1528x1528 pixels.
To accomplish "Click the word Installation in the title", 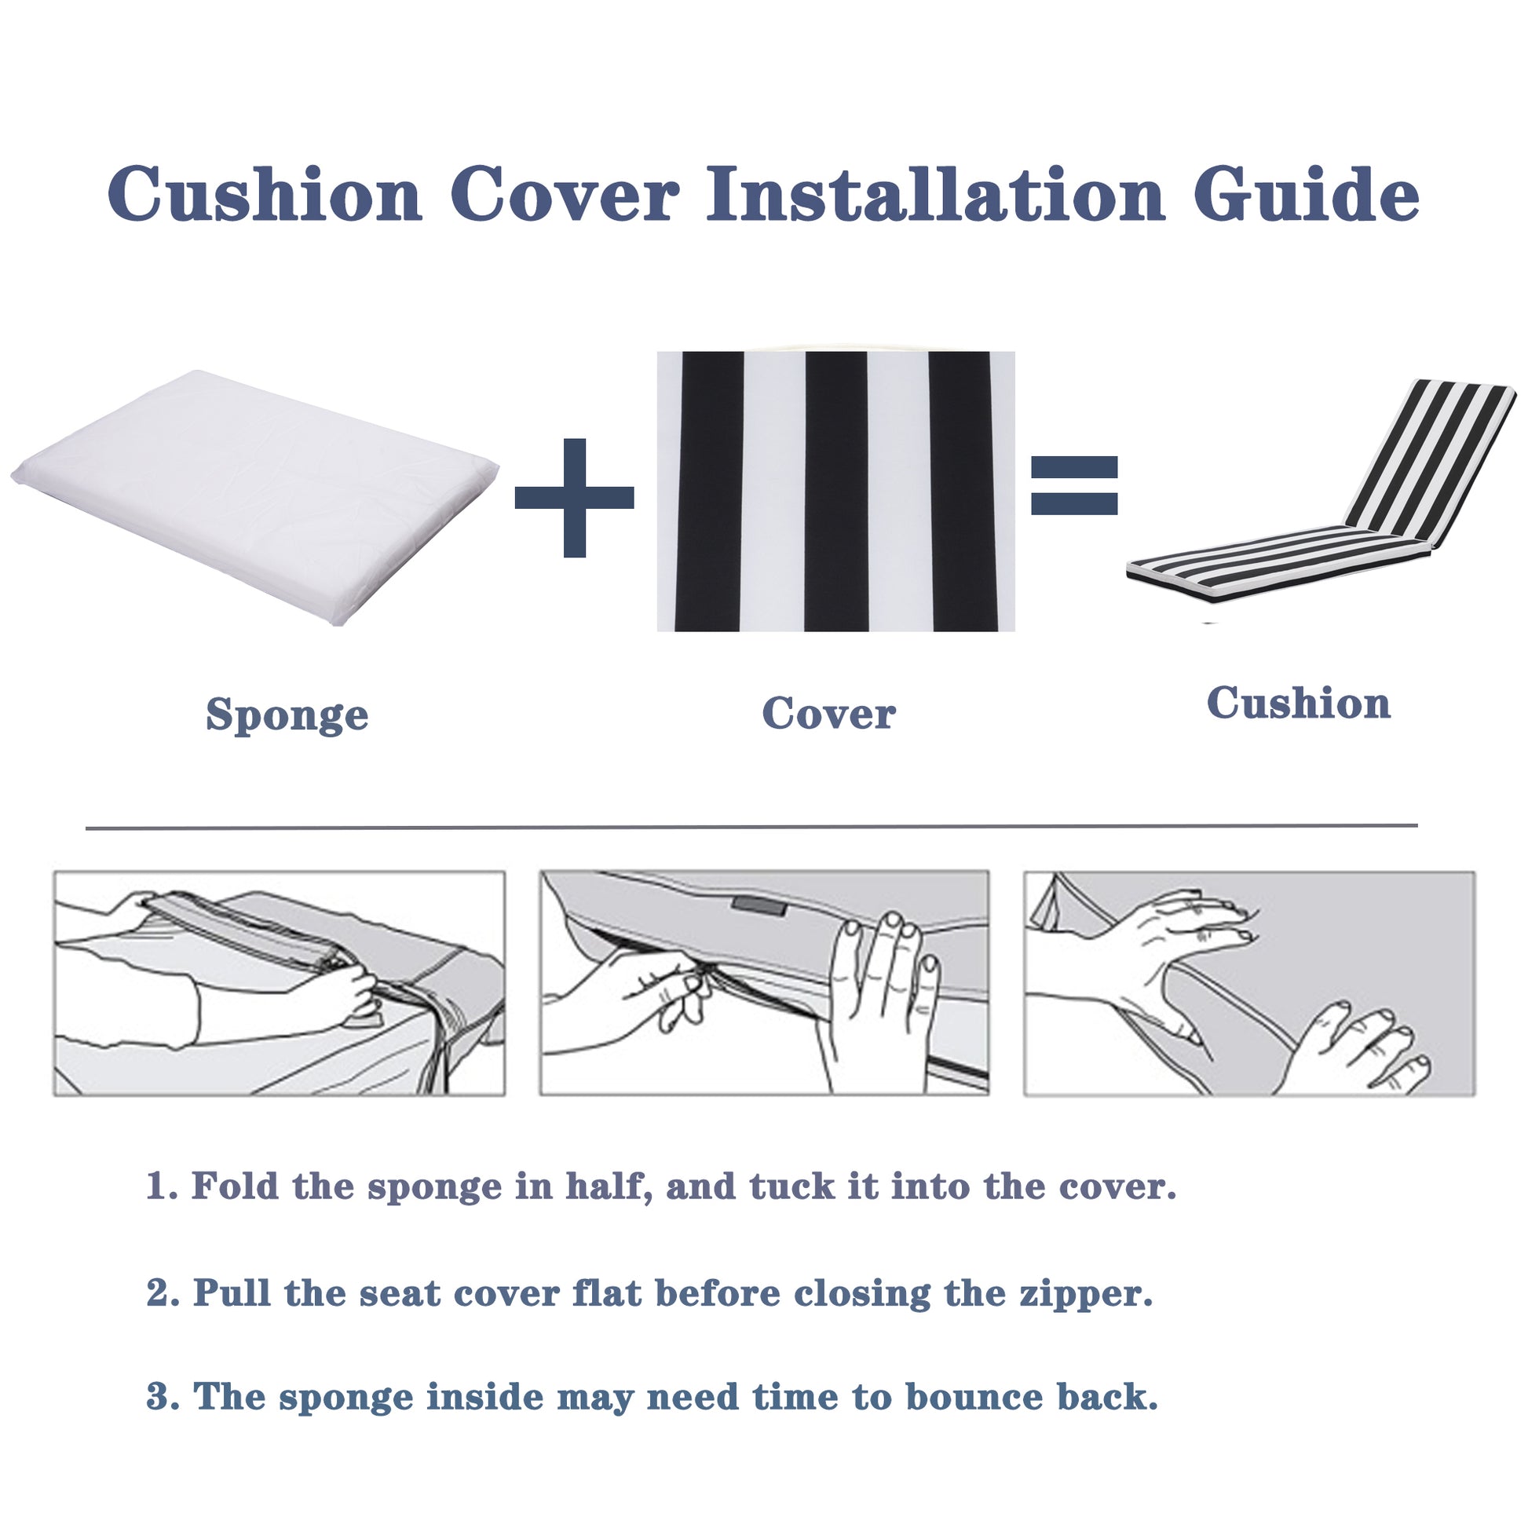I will tap(935, 196).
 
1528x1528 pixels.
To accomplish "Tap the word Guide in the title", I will tap(1306, 196).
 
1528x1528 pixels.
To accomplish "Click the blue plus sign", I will tap(574, 498).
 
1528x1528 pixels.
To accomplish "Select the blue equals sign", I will tap(1074, 485).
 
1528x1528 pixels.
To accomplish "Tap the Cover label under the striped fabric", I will tap(828, 714).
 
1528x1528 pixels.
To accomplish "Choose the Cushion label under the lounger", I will tap(1298, 703).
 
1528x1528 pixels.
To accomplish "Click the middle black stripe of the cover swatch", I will tap(836, 490).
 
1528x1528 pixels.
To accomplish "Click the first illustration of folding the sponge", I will tap(279, 983).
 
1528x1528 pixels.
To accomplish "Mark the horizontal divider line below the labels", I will tap(751, 828).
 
